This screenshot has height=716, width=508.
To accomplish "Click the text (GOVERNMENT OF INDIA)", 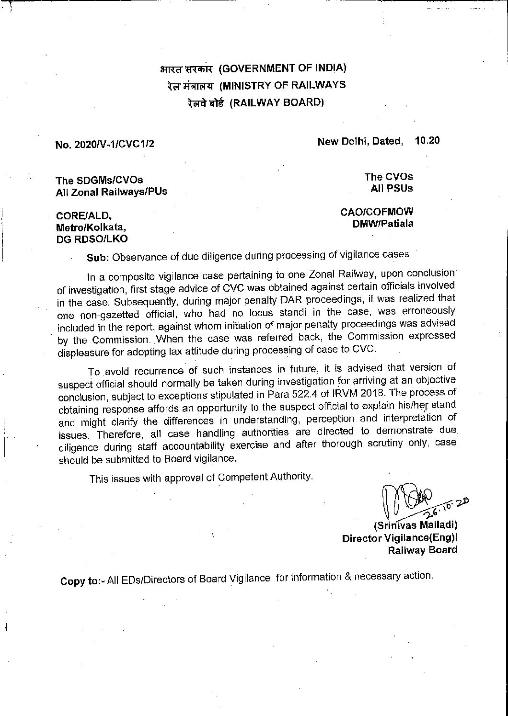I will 282,68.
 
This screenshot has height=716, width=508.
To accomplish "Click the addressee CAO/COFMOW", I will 377,212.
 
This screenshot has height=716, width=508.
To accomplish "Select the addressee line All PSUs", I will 392,188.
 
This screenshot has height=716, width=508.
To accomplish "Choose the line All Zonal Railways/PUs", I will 112,192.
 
